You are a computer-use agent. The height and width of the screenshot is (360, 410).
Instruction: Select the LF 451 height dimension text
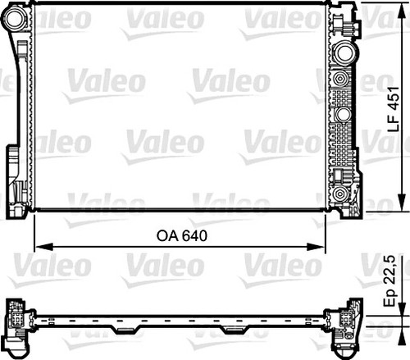click(394, 109)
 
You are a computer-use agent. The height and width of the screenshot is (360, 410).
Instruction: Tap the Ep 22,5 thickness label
click(394, 284)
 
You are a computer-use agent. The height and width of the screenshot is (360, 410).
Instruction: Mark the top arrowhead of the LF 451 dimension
click(402, 10)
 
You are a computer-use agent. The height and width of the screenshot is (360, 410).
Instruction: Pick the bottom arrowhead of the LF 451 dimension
click(402, 208)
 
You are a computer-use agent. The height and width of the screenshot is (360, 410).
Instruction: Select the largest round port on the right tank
click(343, 52)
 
